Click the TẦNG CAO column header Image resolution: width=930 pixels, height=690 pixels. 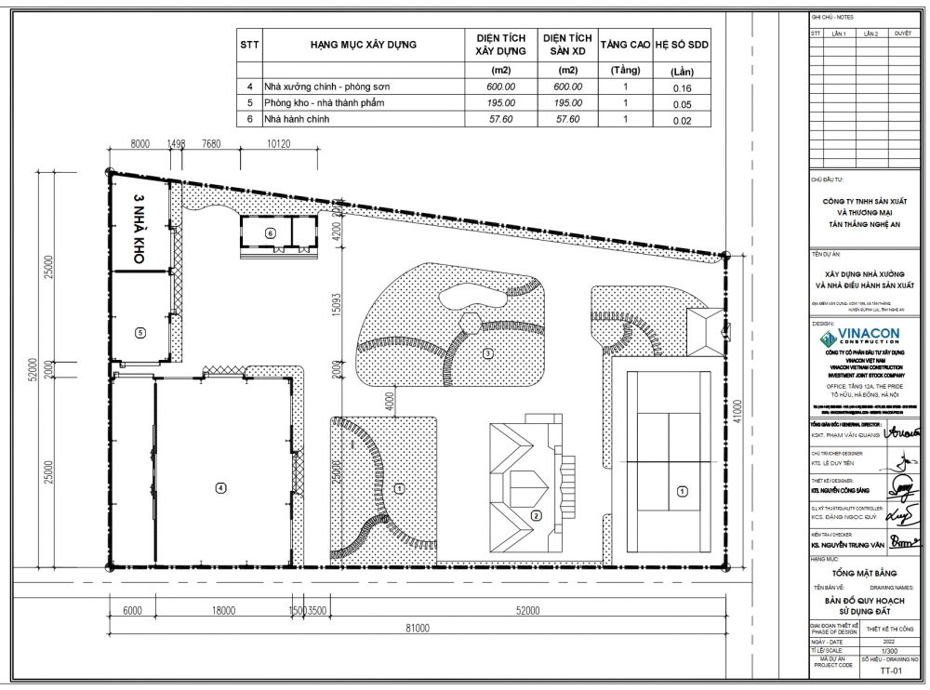(626, 45)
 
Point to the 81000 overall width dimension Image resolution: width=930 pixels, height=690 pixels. (417, 630)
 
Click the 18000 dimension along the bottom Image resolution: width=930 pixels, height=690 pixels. (221, 611)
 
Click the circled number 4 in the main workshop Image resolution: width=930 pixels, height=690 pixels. (220, 487)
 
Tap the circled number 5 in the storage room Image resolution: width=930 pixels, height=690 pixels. (139, 332)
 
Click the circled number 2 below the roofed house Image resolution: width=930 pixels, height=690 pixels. (536, 516)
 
